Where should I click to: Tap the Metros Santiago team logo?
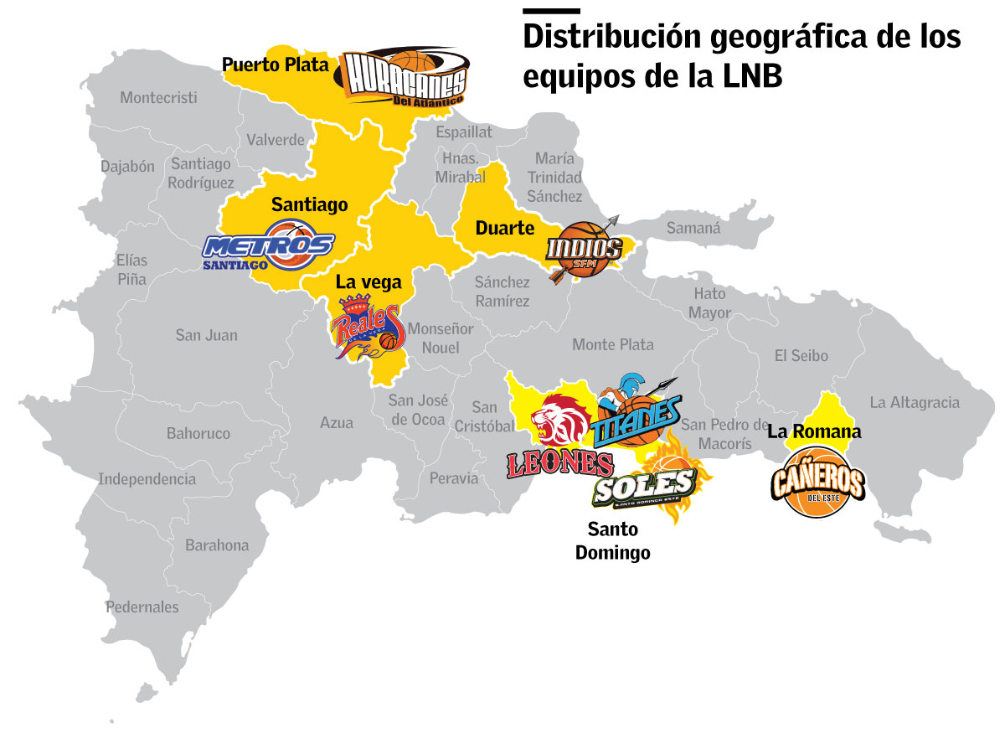coord(270,245)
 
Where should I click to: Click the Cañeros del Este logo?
coord(817,483)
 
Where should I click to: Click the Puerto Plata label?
coord(275,64)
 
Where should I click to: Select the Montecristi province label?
coord(158,98)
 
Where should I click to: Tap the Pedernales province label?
coord(142,607)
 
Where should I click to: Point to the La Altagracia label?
coord(915,403)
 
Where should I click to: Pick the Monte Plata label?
coord(613,345)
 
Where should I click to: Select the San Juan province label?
coord(206,335)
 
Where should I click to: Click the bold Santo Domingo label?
coord(613,541)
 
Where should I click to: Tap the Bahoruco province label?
coord(198,434)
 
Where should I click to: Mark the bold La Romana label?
coord(814,433)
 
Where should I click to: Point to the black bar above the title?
coord(551,11)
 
